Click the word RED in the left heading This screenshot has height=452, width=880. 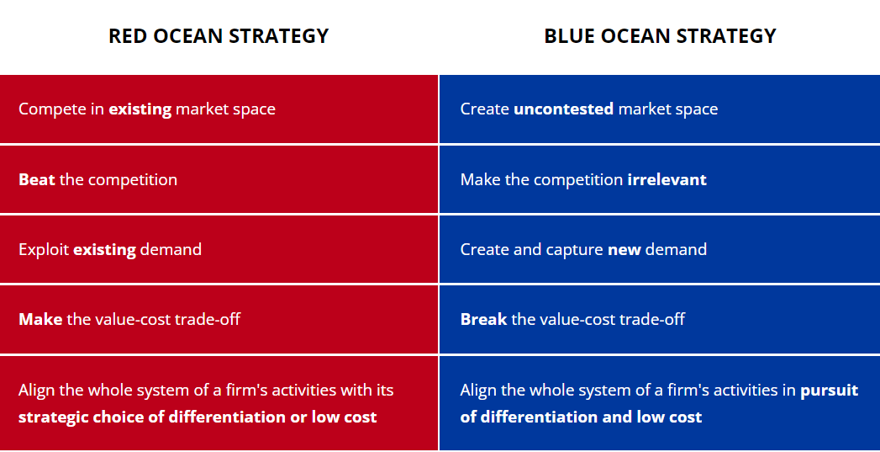[x=128, y=36]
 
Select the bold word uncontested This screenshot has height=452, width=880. [x=563, y=109]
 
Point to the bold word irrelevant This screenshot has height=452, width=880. [x=667, y=179]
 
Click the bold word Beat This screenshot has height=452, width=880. [x=36, y=179]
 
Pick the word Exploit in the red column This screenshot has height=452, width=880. [x=44, y=249]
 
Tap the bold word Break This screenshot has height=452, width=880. [x=483, y=319]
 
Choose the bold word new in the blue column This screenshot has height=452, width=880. [x=624, y=249]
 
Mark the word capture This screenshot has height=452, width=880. [x=574, y=249]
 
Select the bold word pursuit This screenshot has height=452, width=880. [x=829, y=390]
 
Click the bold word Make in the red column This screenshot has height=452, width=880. [x=40, y=319]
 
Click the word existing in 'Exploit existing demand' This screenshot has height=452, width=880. [x=104, y=249]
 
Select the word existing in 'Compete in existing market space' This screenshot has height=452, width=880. [x=140, y=109]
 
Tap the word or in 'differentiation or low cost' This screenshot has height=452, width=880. [x=298, y=417]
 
